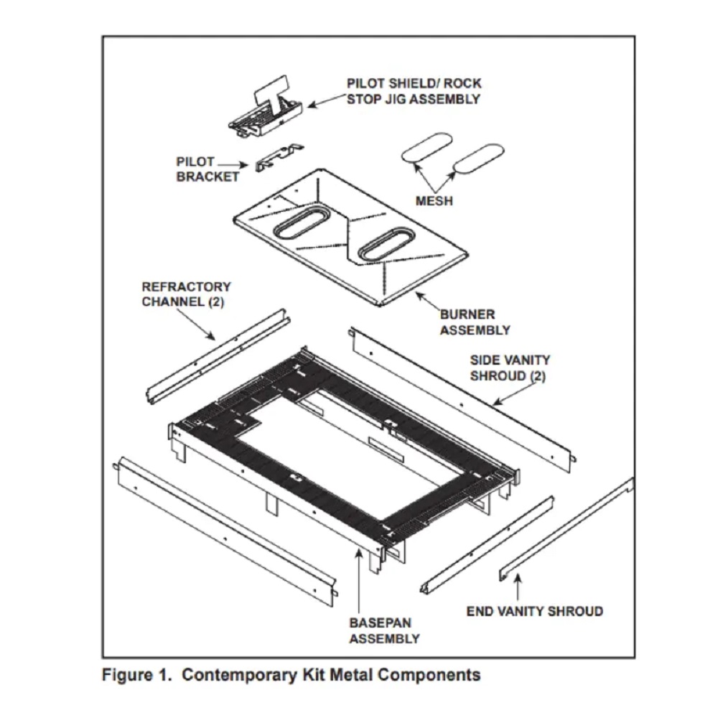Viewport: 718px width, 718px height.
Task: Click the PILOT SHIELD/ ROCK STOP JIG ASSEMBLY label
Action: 413,90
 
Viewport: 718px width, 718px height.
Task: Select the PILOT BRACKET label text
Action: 208,169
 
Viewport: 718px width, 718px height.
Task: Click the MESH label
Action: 434,201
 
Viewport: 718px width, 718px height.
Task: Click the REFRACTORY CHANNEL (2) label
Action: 186,294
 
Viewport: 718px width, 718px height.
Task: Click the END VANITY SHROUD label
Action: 534,612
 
